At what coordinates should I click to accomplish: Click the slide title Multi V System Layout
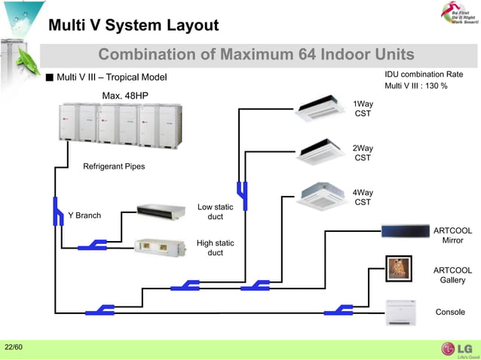133,26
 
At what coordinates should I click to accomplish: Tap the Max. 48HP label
125,95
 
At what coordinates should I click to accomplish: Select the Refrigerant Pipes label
114,166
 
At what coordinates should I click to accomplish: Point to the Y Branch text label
84,215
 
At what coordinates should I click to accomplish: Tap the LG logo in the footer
455,349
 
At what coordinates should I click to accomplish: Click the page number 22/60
14,347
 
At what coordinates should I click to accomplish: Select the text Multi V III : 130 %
416,86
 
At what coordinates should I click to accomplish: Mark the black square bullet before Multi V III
50,78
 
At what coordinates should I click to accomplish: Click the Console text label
450,312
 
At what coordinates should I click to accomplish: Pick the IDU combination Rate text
424,75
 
